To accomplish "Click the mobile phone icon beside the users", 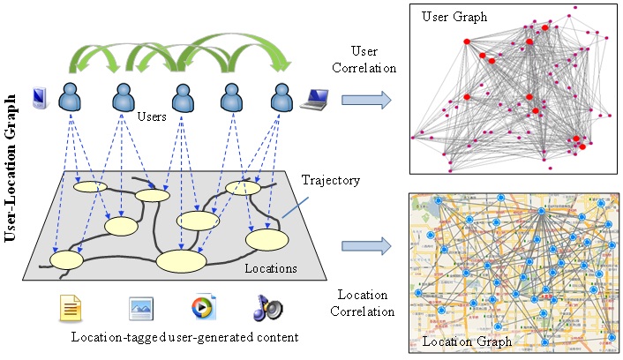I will coord(40,95).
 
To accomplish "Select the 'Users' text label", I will coord(153,116).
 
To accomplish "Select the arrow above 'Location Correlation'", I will coord(365,244).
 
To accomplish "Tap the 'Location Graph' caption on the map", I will coord(459,341).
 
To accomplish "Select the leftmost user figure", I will coord(71,95).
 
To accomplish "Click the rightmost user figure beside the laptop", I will coord(281,95).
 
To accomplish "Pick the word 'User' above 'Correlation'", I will coord(364,50).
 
